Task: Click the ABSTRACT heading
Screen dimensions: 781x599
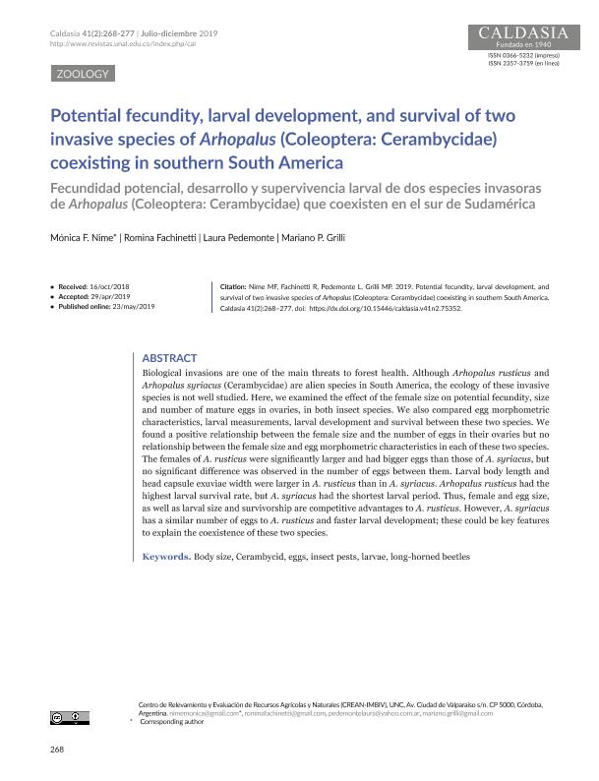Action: coord(169,358)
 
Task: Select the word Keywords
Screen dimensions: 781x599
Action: coord(165,557)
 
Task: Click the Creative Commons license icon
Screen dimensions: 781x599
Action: coord(72,720)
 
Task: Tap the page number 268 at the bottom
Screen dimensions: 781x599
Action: coord(56,751)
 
